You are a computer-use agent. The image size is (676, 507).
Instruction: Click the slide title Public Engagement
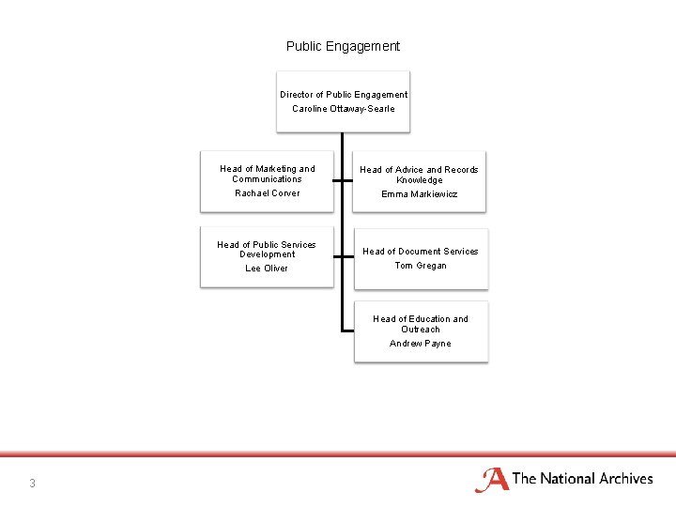point(343,46)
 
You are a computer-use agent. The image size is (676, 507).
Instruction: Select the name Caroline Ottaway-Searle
point(343,109)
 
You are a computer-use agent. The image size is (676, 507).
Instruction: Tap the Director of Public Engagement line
point(343,94)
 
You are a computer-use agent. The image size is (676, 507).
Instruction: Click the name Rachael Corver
point(267,193)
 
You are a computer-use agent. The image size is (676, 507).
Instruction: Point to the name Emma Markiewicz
point(419,194)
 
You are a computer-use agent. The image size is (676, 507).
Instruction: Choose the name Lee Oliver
point(267,269)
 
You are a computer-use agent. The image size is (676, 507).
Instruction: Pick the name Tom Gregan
point(420,266)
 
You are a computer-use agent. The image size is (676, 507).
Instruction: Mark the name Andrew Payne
point(420,344)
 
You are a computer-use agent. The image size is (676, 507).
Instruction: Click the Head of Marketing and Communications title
point(267,174)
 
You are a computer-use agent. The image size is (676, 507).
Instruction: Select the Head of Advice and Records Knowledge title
point(420,175)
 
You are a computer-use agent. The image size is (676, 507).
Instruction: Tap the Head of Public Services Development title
point(267,249)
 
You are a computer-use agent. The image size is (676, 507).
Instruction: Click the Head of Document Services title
point(420,252)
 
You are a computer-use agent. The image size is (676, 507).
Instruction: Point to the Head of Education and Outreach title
point(420,324)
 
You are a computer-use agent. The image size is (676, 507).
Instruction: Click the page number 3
point(32,484)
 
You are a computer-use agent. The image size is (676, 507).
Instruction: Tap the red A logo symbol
point(492,480)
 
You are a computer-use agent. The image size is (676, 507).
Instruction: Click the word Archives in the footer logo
point(621,479)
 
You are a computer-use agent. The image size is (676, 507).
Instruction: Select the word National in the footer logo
point(562,479)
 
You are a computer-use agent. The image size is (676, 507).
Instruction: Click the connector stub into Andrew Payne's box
point(347,330)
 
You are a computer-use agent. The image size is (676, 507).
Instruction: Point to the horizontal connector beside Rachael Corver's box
point(341,180)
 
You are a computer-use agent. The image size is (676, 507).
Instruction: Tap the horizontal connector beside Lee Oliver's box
point(341,257)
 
